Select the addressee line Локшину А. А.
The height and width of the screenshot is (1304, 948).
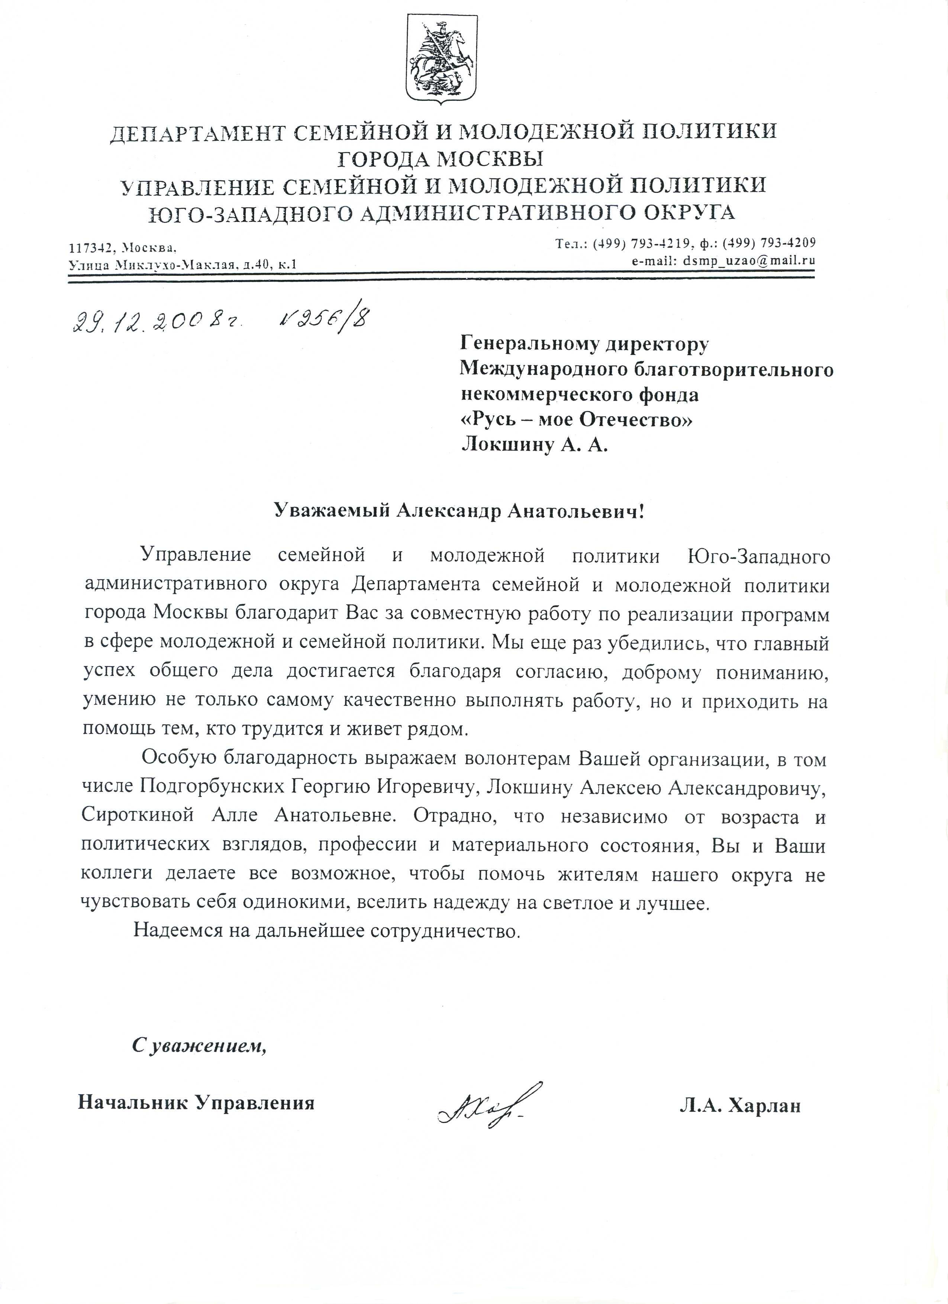click(x=534, y=446)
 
